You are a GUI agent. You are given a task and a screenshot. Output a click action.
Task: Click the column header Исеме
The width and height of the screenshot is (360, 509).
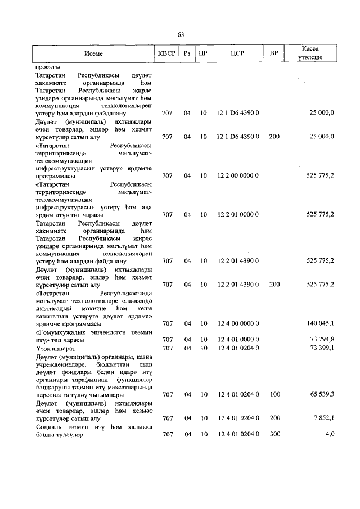(x=94, y=53)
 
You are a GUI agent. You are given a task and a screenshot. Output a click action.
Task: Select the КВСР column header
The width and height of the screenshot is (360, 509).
(x=167, y=53)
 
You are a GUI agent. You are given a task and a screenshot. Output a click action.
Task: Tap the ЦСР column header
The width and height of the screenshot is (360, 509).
(x=237, y=53)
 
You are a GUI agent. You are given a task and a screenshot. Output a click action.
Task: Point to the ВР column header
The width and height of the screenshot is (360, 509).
(x=274, y=53)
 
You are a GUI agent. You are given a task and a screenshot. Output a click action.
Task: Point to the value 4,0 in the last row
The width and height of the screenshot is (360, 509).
(x=329, y=434)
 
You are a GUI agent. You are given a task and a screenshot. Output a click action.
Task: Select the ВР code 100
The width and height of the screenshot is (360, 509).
(x=274, y=394)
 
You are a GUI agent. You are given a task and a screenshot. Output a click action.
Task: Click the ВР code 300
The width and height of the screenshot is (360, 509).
(x=274, y=434)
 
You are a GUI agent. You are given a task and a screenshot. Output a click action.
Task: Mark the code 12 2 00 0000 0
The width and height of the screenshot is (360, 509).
(x=237, y=175)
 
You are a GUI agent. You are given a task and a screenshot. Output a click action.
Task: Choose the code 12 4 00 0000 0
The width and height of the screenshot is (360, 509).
(x=237, y=323)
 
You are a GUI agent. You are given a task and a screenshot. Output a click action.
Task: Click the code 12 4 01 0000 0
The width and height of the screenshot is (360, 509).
(x=237, y=339)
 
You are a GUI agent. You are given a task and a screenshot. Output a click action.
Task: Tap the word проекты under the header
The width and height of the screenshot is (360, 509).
(x=48, y=66)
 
